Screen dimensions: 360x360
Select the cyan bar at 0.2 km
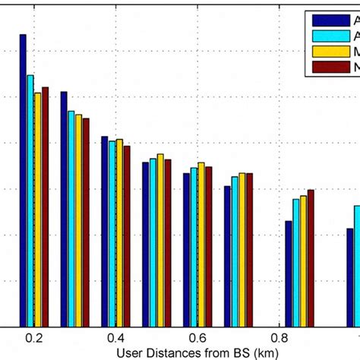pos(30,201)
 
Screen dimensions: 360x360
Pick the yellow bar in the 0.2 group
pos(38,209)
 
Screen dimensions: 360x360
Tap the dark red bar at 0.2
pos(46,207)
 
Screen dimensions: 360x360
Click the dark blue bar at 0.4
pos(105,231)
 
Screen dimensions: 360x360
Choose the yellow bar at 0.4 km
pos(119,232)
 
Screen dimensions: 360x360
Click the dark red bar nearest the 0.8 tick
pos(310,257)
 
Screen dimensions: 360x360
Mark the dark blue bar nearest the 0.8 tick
pos(289,273)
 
